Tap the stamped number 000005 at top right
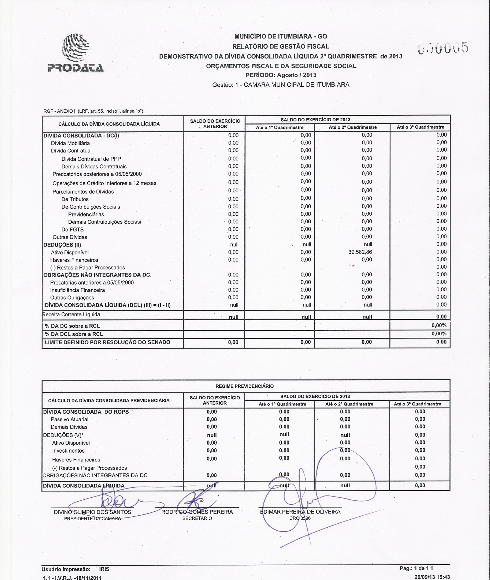pyautogui.click(x=443, y=48)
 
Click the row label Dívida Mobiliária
pyautogui.click(x=70, y=143)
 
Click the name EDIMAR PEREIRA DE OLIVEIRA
pyautogui.click(x=300, y=512)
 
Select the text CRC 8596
pyautogui.click(x=300, y=518)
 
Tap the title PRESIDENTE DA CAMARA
pyautogui.click(x=92, y=518)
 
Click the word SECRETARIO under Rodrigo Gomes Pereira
pyautogui.click(x=197, y=518)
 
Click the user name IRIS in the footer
pyautogui.click(x=104, y=569)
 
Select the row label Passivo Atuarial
pyautogui.click(x=69, y=419)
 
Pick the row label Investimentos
pyautogui.click(x=68, y=450)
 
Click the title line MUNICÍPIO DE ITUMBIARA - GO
pyautogui.click(x=281, y=36)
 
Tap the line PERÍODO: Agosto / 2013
pyautogui.click(x=281, y=75)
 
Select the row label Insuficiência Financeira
pyautogui.click(x=77, y=290)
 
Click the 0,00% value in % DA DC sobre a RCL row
pyautogui.click(x=439, y=326)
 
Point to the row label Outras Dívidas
pyautogui.click(x=70, y=237)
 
